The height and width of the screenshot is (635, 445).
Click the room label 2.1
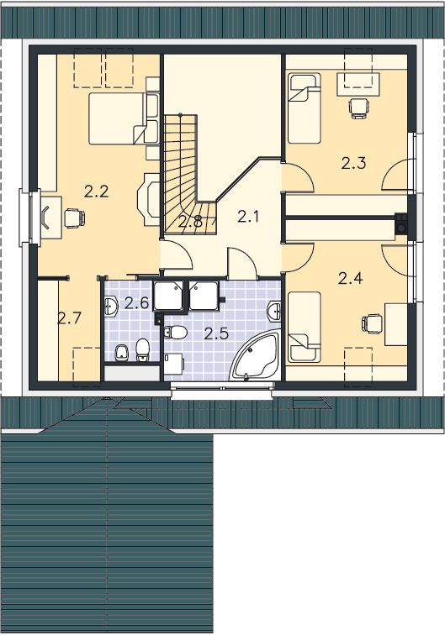coord(248,217)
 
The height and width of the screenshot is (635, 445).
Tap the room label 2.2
coord(97,192)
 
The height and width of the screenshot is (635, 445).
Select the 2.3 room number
coord(353,163)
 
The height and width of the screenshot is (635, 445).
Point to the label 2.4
coord(350,278)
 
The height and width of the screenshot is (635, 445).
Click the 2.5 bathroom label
coord(216,333)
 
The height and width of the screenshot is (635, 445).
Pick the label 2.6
coord(137,302)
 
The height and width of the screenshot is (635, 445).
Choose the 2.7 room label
coord(69,318)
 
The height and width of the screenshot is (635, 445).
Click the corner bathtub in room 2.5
coord(256,355)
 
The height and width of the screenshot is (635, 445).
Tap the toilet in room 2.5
coord(176,333)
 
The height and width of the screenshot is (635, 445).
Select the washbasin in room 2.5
coord(274,312)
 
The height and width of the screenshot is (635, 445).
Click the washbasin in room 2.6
coord(111,307)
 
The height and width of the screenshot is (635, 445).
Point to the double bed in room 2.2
coord(124,118)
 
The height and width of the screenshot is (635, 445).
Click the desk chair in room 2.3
coord(359,108)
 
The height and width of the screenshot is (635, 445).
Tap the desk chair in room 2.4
coord(373,323)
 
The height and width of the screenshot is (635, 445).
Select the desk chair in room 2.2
coord(75,218)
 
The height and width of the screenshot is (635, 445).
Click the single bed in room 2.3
coord(305,108)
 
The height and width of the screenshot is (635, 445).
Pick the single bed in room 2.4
coord(305,327)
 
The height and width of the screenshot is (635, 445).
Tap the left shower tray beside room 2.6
coord(168,296)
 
